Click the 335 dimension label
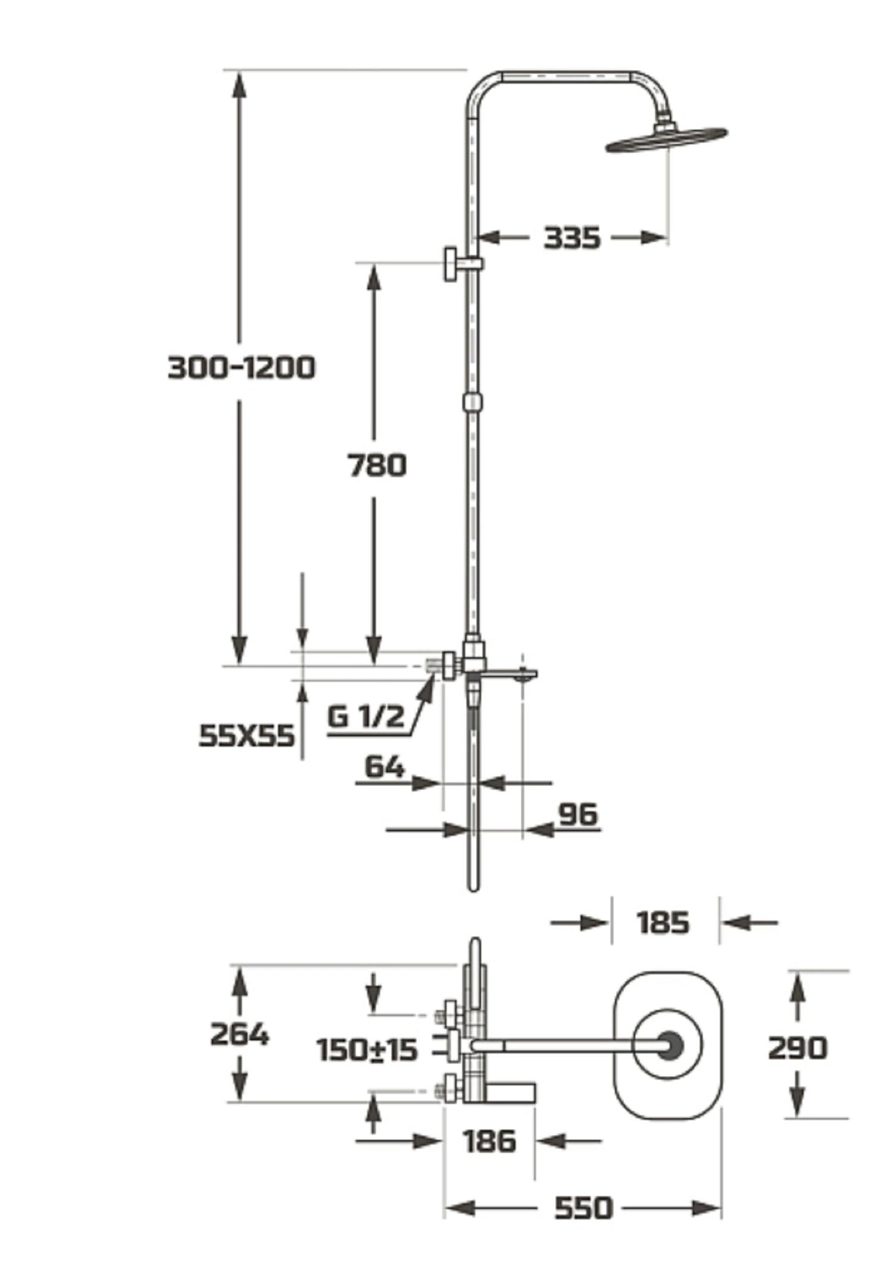[572, 238]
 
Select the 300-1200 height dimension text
[242, 367]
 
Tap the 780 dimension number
[377, 465]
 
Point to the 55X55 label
[246, 736]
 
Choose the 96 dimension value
[578, 814]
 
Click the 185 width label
[663, 923]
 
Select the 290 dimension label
[798, 1048]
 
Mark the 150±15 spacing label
[367, 1050]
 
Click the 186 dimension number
[489, 1141]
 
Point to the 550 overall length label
[583, 1208]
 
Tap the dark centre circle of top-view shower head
[670, 1045]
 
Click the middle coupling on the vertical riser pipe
[473, 402]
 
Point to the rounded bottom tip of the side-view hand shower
[473, 888]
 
